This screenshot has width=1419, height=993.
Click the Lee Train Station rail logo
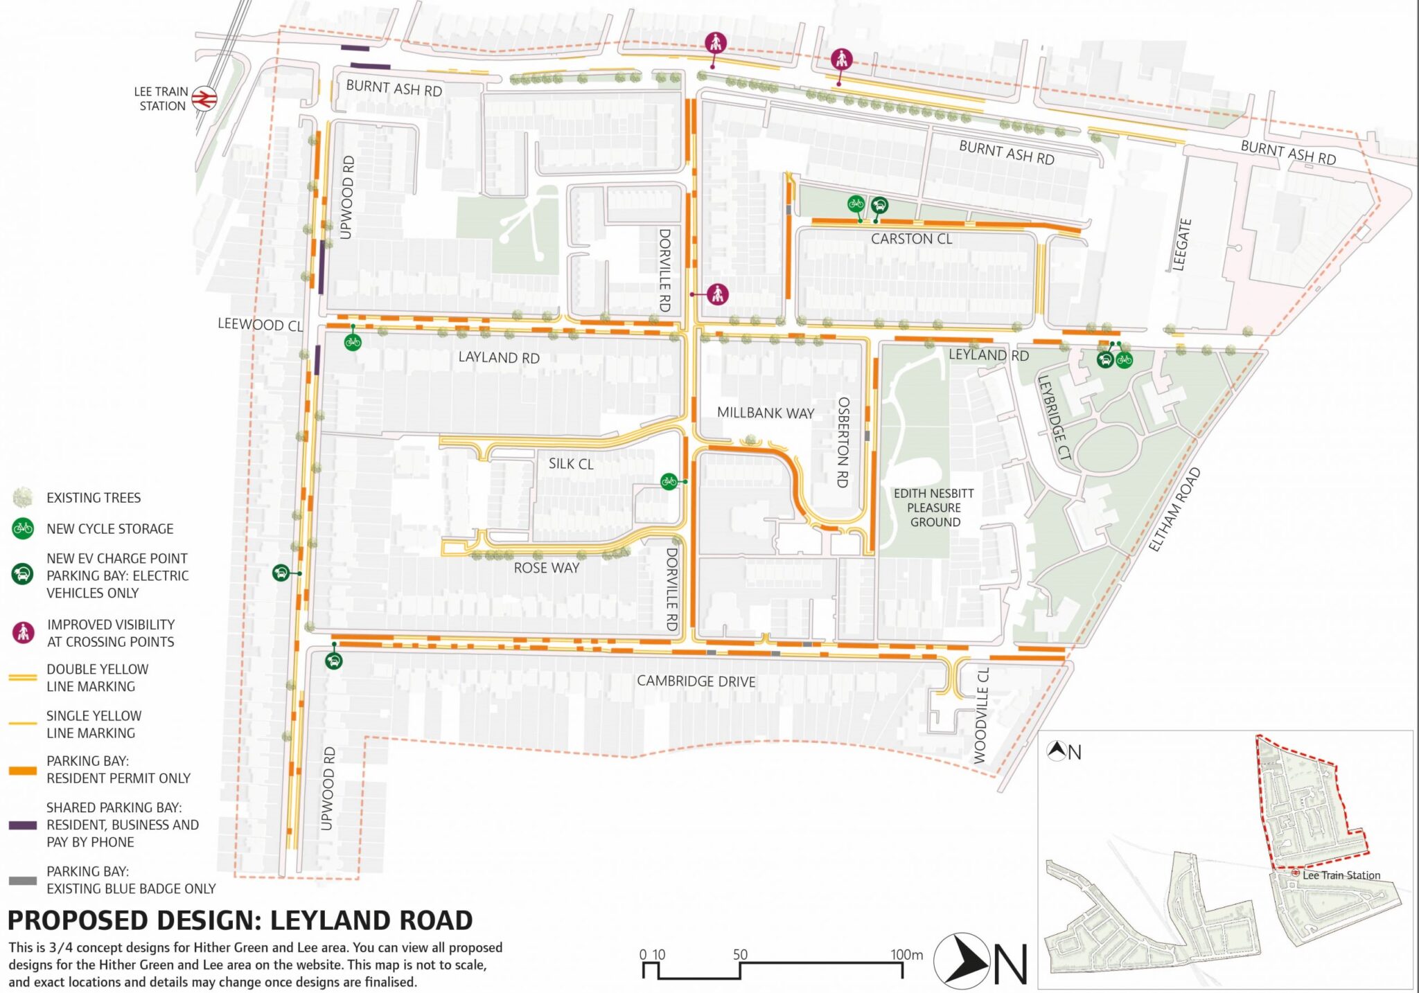click(204, 98)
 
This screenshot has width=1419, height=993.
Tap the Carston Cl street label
click(911, 239)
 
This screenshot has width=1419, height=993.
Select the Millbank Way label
click(765, 413)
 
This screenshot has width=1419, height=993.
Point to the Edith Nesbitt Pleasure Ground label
click(934, 508)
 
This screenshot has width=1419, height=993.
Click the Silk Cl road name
click(571, 464)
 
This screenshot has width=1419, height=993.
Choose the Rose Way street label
click(546, 568)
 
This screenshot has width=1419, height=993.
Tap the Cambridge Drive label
click(696, 681)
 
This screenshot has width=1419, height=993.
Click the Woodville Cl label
click(981, 715)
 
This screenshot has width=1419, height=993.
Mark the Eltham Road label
click(1174, 510)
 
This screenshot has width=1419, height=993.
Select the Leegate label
click(1181, 244)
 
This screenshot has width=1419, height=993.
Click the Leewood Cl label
click(260, 324)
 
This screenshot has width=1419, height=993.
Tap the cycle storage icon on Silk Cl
click(669, 481)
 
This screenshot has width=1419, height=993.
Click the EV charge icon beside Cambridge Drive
click(333, 661)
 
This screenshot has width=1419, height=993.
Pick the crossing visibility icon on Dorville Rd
click(717, 294)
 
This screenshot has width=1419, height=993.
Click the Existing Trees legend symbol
click(23, 497)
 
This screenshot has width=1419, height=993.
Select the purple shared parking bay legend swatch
click(23, 825)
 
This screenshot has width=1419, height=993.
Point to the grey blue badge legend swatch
click(23, 880)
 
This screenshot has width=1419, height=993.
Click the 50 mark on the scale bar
click(740, 954)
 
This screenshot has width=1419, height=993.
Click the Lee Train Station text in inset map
click(1341, 875)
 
